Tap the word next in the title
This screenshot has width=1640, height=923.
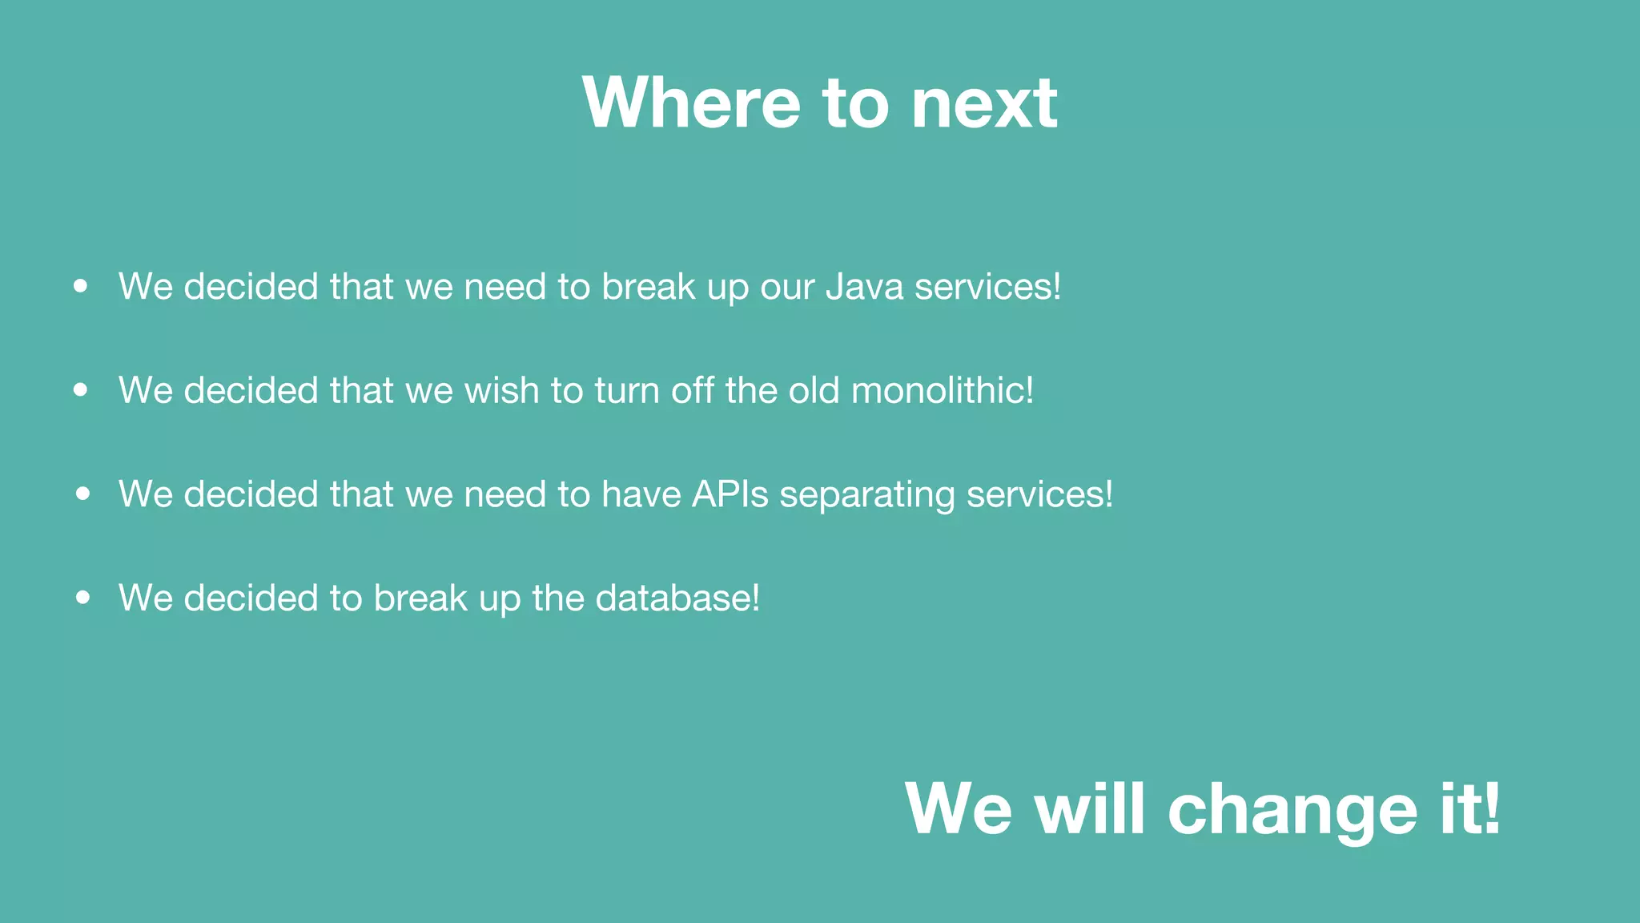coord(984,104)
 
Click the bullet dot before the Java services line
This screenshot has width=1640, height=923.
coord(80,286)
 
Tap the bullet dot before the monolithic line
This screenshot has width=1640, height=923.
coord(80,390)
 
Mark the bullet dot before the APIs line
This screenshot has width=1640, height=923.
coord(82,494)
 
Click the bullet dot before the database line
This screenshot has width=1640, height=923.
coord(82,597)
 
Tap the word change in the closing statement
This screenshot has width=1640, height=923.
coord(1292,811)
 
